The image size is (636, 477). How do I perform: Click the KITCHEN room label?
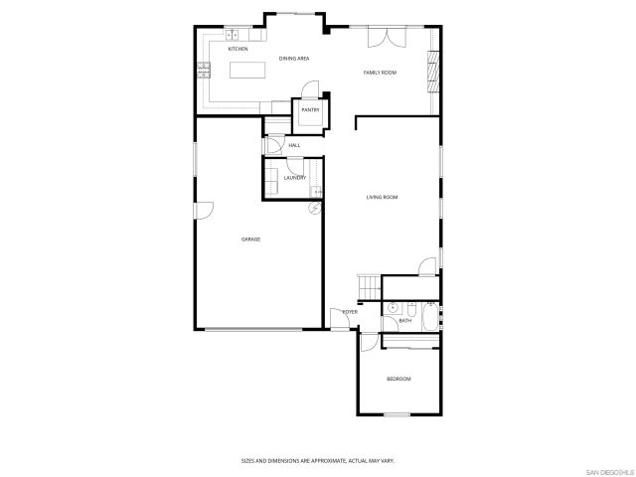[x=238, y=49]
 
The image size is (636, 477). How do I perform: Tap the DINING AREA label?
[x=294, y=59]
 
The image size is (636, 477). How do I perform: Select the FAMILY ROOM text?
[x=380, y=73]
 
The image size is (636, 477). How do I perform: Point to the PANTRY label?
[x=310, y=110]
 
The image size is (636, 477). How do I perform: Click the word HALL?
[x=294, y=146]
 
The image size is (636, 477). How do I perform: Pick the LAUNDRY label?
[x=294, y=178]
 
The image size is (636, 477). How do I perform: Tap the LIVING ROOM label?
[x=382, y=198]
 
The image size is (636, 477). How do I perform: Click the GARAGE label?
[x=250, y=239]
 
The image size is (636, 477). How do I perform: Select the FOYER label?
[x=350, y=312]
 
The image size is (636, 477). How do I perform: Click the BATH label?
[x=405, y=321]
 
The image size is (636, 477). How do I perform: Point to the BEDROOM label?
[x=398, y=379]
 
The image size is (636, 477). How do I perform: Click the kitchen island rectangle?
[x=249, y=70]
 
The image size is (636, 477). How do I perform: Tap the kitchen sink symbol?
[x=231, y=38]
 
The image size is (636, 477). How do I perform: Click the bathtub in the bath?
[x=428, y=320]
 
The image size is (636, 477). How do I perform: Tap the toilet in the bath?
[x=393, y=307]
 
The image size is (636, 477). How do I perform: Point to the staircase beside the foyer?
[x=369, y=287]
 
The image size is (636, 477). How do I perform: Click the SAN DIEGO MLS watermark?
[x=608, y=470]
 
